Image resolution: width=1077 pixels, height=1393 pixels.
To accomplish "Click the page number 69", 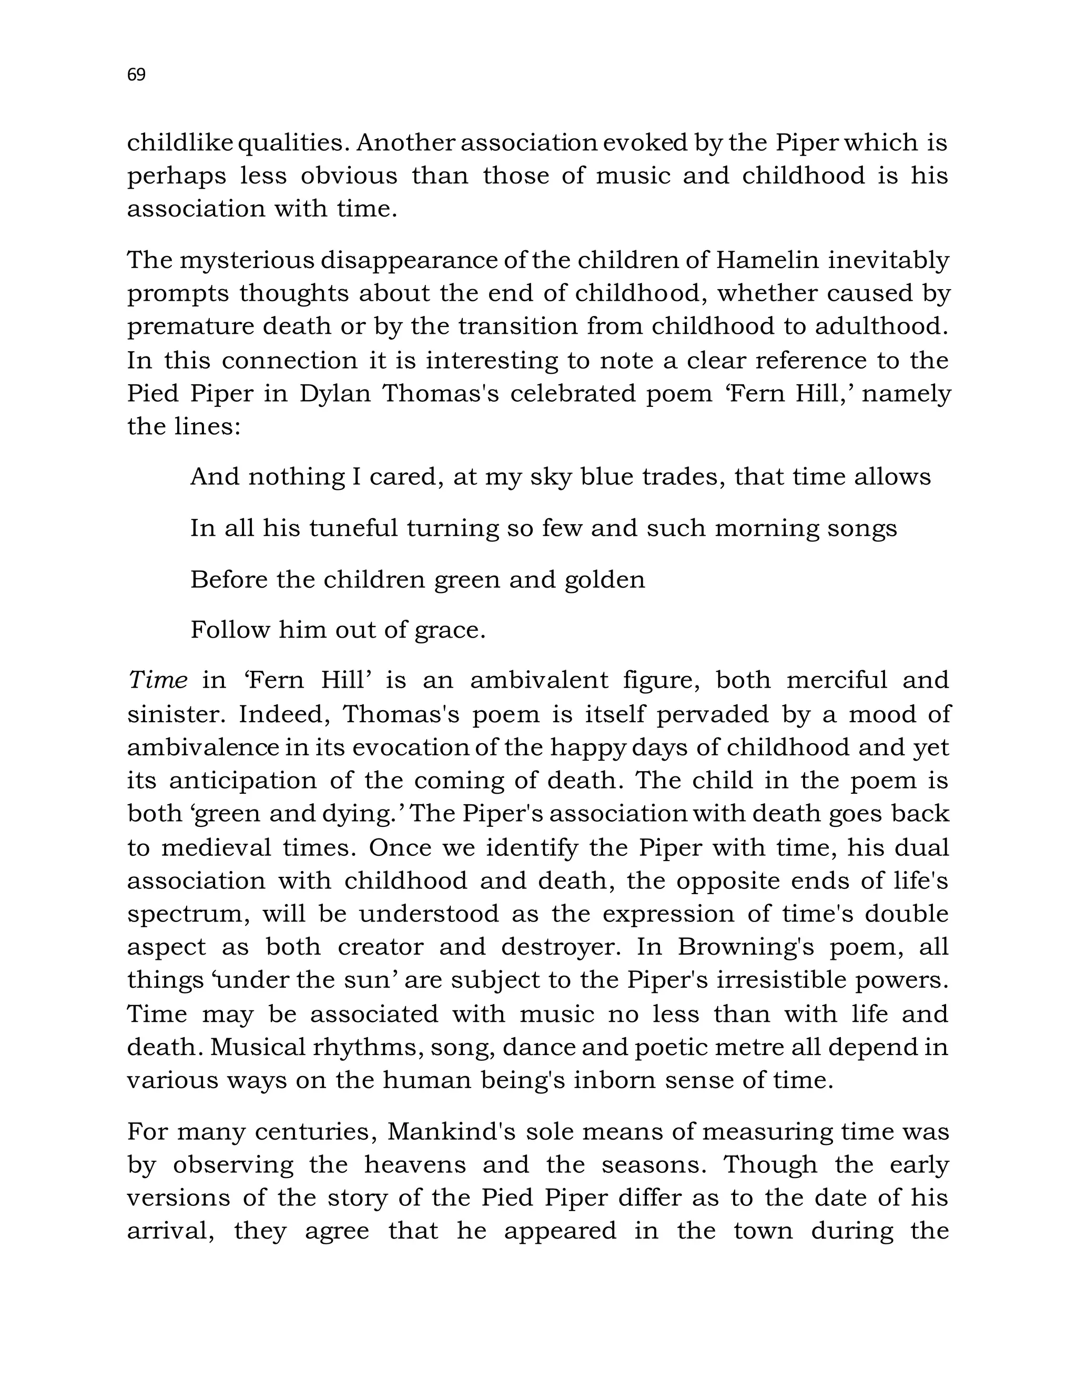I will pyautogui.click(x=137, y=75).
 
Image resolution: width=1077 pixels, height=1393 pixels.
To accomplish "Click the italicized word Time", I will pyautogui.click(x=158, y=681).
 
